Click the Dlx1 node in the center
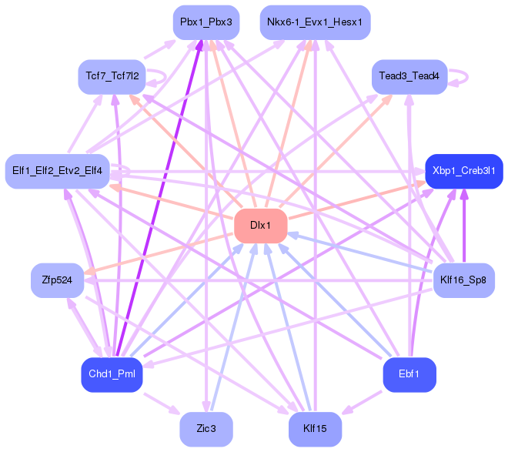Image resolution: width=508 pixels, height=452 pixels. [x=260, y=226]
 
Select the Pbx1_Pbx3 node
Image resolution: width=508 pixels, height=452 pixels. [x=206, y=22]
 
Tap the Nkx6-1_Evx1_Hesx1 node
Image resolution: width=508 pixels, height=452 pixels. [x=315, y=22]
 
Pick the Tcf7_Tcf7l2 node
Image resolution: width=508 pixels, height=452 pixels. [x=112, y=77]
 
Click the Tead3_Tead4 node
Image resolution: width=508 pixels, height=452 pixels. [x=409, y=77]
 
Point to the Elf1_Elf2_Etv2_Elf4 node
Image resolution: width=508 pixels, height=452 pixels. [x=58, y=171]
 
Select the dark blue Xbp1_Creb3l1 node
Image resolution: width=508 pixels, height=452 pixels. [x=464, y=171]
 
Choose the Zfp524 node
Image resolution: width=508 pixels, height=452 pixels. [x=58, y=280]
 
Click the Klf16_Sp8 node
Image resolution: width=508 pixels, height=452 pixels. [x=464, y=280]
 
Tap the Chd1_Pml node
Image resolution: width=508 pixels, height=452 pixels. [x=112, y=374]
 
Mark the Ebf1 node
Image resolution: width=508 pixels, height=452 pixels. [x=409, y=374]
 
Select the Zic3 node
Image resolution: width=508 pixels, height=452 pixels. [x=206, y=429]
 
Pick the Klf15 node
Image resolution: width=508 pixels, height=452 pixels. [x=315, y=429]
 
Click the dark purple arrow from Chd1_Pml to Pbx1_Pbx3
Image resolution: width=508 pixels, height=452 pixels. [x=159, y=199]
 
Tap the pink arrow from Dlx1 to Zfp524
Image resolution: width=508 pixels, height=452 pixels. [x=159, y=253]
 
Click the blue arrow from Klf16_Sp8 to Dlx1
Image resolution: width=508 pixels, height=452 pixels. [x=360, y=252]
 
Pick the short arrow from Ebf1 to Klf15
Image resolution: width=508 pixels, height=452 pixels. [x=362, y=403]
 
